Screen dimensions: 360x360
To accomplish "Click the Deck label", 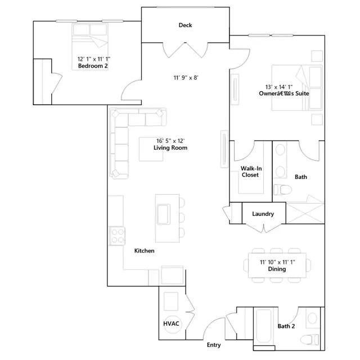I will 186,25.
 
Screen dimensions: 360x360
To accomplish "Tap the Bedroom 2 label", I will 93,66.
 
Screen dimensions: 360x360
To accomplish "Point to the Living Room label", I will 170,148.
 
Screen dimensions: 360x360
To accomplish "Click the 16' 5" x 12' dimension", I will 170,141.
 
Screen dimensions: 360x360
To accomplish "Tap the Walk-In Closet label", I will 250,172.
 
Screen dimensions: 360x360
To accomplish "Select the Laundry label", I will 263,214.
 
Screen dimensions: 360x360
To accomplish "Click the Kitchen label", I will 145,250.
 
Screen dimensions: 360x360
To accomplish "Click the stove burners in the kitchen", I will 116,235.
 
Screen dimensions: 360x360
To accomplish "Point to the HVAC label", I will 171,325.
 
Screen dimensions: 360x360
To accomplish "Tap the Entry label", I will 214,345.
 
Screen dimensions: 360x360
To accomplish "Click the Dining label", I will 276,269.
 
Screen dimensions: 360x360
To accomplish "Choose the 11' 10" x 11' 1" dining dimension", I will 277,262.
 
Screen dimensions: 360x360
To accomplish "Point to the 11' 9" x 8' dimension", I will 186,78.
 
